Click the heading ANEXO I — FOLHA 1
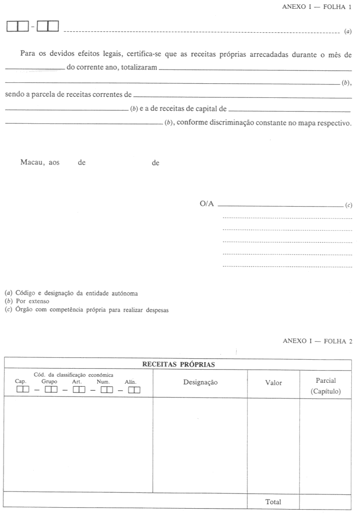[x=317, y=7]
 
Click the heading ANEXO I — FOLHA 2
[x=317, y=341]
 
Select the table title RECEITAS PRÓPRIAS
[x=178, y=364]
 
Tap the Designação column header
[x=200, y=382]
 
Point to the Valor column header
[x=273, y=382]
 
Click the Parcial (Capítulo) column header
[x=325, y=386]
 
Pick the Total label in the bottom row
[x=273, y=502]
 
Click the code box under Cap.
[x=23, y=390]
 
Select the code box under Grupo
[x=51, y=390]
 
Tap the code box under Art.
[x=79, y=390]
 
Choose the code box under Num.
[x=107, y=390]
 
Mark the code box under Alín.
[x=134, y=390]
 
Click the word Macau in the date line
[x=32, y=163]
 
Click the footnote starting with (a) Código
[x=71, y=293]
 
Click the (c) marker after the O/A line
[x=349, y=205]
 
